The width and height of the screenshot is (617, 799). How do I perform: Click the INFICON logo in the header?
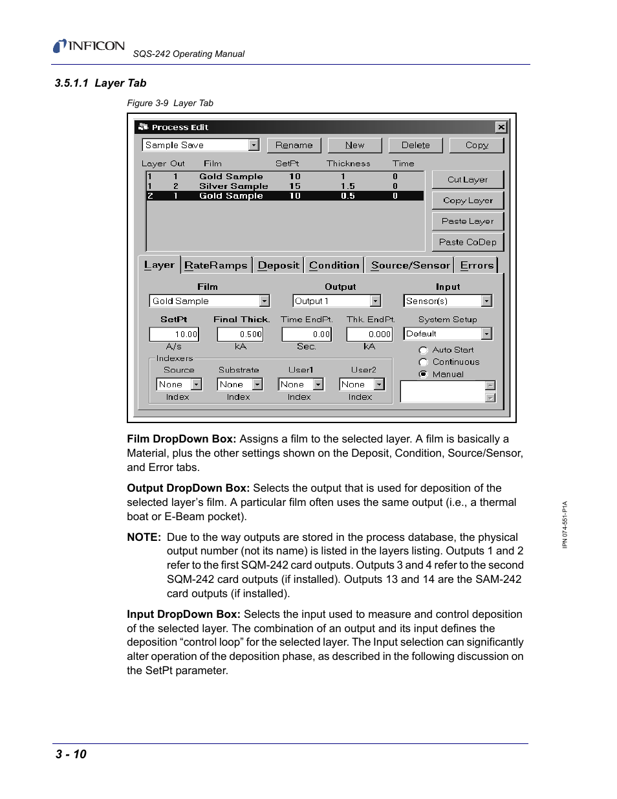(89, 46)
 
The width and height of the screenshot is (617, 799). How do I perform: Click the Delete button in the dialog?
(415, 146)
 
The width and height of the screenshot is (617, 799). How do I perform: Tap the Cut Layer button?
(467, 180)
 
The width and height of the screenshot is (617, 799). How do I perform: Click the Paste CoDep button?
(467, 242)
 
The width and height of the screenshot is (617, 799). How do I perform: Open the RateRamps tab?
(215, 265)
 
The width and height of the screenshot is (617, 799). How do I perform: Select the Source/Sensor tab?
(410, 265)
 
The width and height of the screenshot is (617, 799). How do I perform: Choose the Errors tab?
(477, 265)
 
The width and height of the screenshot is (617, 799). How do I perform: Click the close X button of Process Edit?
(501, 127)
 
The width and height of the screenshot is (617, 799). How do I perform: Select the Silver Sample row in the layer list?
(233, 186)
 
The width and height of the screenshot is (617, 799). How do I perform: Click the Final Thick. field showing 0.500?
(240, 334)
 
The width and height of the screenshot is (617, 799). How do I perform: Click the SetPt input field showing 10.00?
(174, 334)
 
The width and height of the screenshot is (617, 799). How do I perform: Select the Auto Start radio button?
(424, 350)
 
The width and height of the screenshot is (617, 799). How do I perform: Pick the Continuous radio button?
(424, 362)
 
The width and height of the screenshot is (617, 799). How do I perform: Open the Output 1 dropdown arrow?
(375, 301)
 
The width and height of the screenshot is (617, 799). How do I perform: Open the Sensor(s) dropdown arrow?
(486, 301)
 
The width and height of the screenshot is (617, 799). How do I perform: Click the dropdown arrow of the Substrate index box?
(257, 385)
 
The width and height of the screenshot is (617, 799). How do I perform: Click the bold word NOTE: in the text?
(144, 538)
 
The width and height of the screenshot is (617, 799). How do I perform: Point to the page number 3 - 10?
(71, 754)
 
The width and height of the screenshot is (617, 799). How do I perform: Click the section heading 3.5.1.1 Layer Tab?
(100, 83)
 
